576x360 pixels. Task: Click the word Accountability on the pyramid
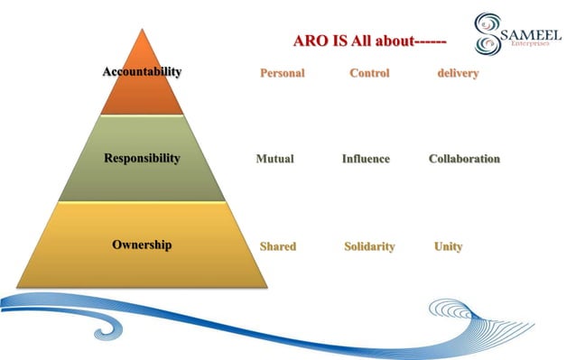tap(142, 71)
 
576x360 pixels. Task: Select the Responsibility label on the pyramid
tap(142, 159)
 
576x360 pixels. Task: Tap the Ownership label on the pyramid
tap(142, 245)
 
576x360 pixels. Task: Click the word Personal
tap(283, 73)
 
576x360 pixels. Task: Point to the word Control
tap(369, 73)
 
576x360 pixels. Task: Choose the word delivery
tap(457, 73)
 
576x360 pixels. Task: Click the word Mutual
tap(274, 159)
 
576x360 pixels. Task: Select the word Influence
tap(366, 159)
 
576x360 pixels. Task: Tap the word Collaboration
tap(464, 159)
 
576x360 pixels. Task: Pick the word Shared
tap(277, 246)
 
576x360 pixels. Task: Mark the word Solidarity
tap(369, 246)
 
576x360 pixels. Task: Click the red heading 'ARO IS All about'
tap(369, 41)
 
